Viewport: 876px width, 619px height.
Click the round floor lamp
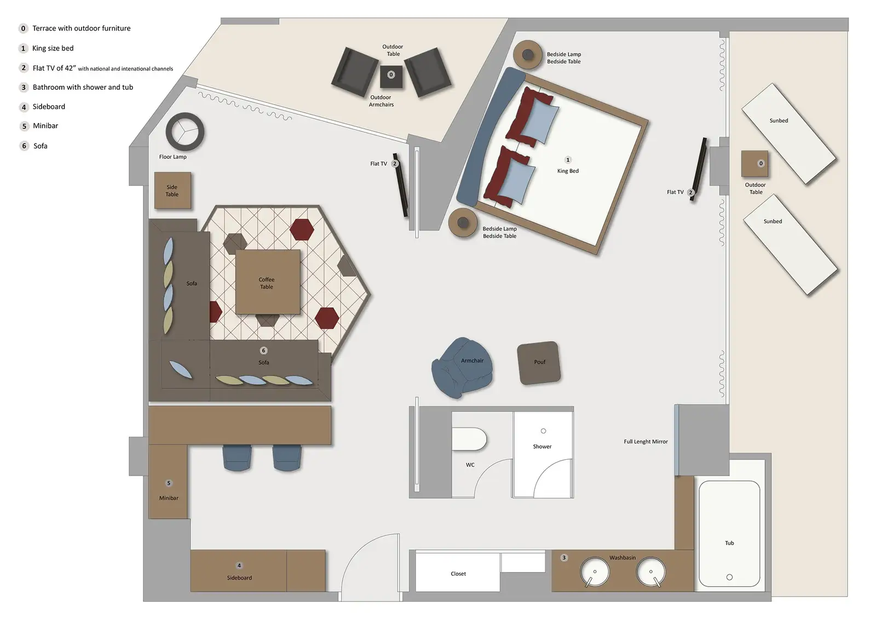click(185, 131)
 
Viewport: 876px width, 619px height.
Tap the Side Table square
click(172, 190)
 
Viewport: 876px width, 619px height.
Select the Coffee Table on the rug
click(268, 282)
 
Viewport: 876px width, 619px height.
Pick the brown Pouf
click(539, 362)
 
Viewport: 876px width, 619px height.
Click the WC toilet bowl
click(469, 439)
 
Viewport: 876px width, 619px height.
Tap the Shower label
click(542, 447)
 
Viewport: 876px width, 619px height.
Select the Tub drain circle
click(729, 577)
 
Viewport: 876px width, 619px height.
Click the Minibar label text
click(169, 498)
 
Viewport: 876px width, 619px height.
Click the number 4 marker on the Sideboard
click(239, 565)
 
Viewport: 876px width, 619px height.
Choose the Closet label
click(458, 574)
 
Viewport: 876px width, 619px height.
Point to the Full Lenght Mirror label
click(646, 442)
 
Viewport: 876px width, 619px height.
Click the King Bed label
click(568, 171)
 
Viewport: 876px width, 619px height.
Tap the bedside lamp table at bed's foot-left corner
click(463, 222)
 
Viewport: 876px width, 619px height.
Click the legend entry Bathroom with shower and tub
click(83, 87)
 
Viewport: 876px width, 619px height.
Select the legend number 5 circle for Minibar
click(24, 126)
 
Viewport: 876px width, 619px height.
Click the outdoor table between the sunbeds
click(755, 164)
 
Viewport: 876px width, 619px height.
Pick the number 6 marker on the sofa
click(263, 350)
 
